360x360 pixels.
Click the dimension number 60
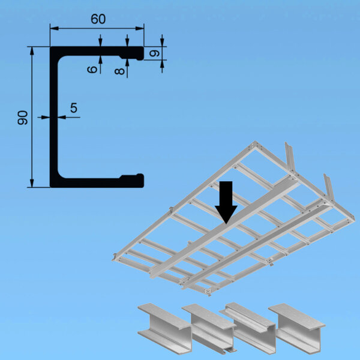98,19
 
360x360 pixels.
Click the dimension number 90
23,118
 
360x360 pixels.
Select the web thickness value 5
74,108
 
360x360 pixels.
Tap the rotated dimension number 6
92,70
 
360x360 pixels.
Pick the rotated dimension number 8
119,71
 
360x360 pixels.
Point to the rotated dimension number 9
155,53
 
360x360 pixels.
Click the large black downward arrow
226,202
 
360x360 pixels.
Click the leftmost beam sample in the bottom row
164,328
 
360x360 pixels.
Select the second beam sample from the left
209,328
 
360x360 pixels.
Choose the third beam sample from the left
248,327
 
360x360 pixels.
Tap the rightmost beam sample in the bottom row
298,328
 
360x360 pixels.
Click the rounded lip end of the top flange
140,53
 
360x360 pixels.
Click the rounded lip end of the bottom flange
140,181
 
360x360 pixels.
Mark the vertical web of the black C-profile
54,117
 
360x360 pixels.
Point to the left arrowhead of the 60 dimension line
54,28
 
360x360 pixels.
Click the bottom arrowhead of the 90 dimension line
32,183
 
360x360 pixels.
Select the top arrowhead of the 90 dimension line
32,51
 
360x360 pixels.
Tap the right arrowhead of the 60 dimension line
140,28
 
